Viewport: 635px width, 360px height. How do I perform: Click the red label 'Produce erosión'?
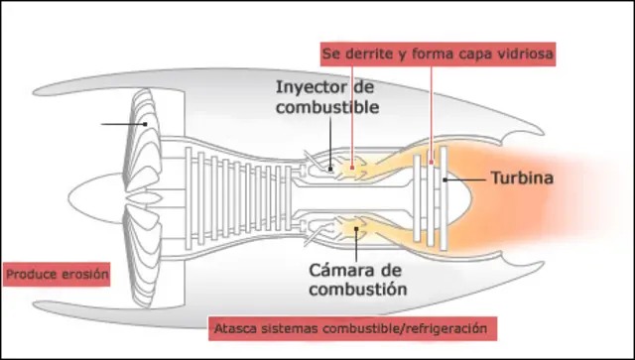pos(57,274)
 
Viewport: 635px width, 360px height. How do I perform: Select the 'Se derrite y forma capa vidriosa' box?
pos(438,52)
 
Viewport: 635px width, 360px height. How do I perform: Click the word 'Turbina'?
pos(521,180)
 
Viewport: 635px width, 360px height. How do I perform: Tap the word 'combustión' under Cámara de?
pos(343,290)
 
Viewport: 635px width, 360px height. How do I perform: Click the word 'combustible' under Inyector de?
pos(326,106)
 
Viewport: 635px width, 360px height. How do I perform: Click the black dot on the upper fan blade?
pos(145,124)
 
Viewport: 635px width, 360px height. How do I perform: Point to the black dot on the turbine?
pos(444,180)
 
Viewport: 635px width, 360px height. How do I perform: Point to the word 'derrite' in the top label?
pos(368,52)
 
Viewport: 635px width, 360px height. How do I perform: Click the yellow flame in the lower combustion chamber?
pos(349,228)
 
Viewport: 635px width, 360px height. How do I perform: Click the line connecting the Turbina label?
pos(466,180)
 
